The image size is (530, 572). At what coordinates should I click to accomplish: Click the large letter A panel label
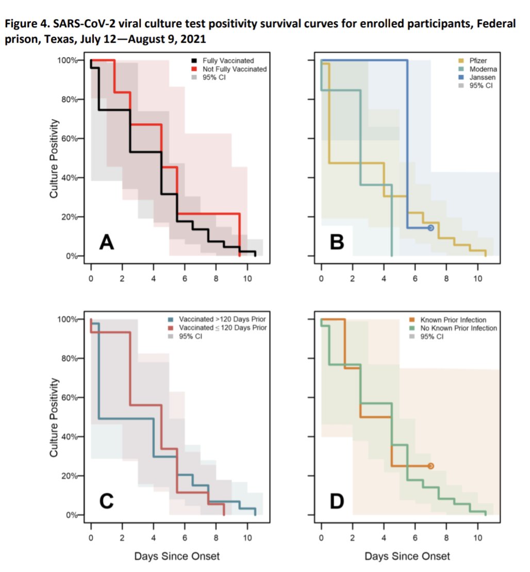pyautogui.click(x=107, y=242)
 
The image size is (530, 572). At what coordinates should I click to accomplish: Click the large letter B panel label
pyautogui.click(x=337, y=242)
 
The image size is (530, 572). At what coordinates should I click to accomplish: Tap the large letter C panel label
pyautogui.click(x=106, y=501)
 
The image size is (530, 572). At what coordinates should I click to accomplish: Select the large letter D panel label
pyautogui.click(x=337, y=501)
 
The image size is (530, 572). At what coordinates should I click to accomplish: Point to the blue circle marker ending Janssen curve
pyautogui.click(x=431, y=228)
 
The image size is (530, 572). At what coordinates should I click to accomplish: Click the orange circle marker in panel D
pyautogui.click(x=431, y=466)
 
